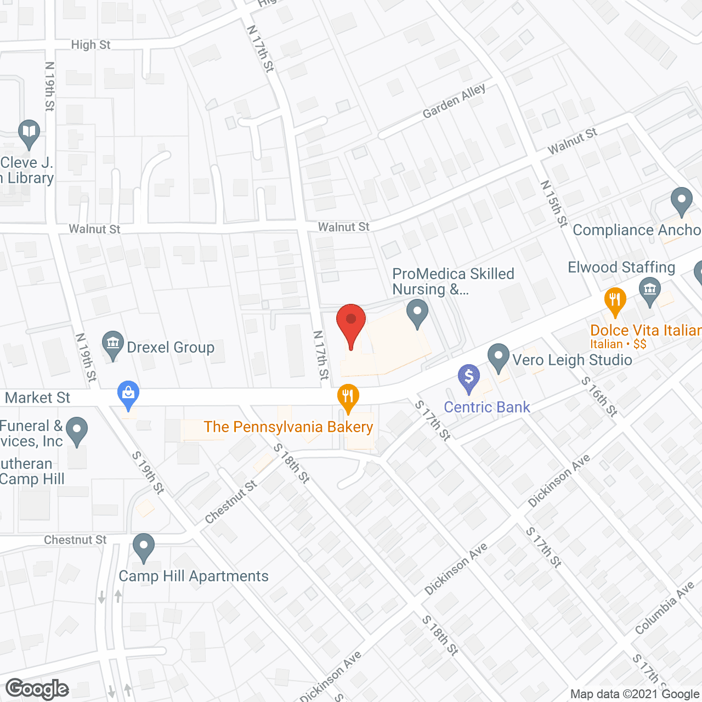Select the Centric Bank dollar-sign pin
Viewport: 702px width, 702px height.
pyautogui.click(x=469, y=377)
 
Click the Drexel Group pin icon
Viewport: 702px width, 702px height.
pyautogui.click(x=113, y=344)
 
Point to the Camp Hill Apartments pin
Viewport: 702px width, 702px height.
pyautogui.click(x=144, y=547)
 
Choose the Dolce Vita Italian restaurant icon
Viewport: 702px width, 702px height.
pyautogui.click(x=615, y=300)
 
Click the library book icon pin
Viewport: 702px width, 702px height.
pyautogui.click(x=29, y=133)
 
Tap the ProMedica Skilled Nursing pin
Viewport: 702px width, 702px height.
pyautogui.click(x=418, y=313)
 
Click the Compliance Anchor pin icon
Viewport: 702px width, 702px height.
pyautogui.click(x=681, y=201)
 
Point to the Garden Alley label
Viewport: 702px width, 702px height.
pyautogui.click(x=454, y=101)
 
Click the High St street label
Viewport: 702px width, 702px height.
pyautogui.click(x=90, y=45)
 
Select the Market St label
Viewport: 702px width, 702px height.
pyautogui.click(x=38, y=398)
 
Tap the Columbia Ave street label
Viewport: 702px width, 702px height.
pyautogui.click(x=664, y=608)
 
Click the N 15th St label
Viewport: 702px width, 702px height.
pyautogui.click(x=554, y=203)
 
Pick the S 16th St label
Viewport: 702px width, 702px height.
pyautogui.click(x=599, y=397)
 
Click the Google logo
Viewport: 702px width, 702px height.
pyautogui.click(x=37, y=689)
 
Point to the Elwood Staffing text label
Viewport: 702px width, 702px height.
pyautogui.click(x=621, y=268)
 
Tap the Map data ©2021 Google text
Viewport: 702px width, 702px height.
pyautogui.click(x=635, y=694)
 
